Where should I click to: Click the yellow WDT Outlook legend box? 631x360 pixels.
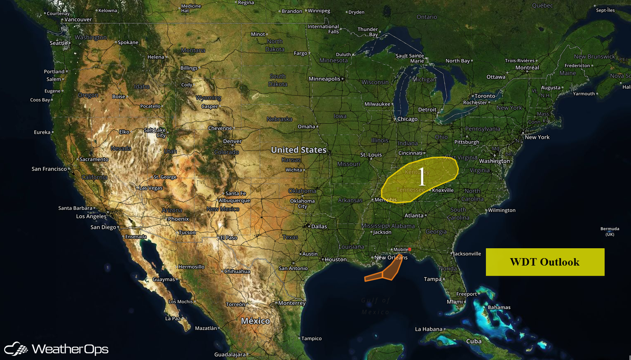coord(545,262)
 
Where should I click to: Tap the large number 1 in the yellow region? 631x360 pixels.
coord(422,177)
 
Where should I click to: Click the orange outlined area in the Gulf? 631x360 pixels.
coord(385,272)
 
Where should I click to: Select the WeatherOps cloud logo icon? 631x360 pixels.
coord(16,349)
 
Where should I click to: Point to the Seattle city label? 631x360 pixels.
coord(59,43)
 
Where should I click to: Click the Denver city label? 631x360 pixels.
coord(232,141)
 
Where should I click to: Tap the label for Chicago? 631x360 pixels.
coord(407,119)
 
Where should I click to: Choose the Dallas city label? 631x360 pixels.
coord(319,226)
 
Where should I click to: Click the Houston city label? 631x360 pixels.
coord(335,259)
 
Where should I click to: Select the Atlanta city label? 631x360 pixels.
coord(414,215)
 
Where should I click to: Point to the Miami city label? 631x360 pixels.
coord(455,302)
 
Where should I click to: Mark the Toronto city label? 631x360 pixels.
coord(485,96)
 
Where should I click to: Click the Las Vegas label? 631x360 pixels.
coord(151,188)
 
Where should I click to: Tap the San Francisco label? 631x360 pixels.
coord(49,169)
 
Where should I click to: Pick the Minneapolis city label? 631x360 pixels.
coord(324,79)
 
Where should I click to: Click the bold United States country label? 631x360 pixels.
coord(299,150)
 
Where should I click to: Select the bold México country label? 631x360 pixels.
coord(256,321)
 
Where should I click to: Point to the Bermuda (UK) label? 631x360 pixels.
coord(610,231)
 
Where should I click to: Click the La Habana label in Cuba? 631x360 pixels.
coord(429,329)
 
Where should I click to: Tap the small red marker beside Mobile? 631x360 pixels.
coord(410,249)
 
